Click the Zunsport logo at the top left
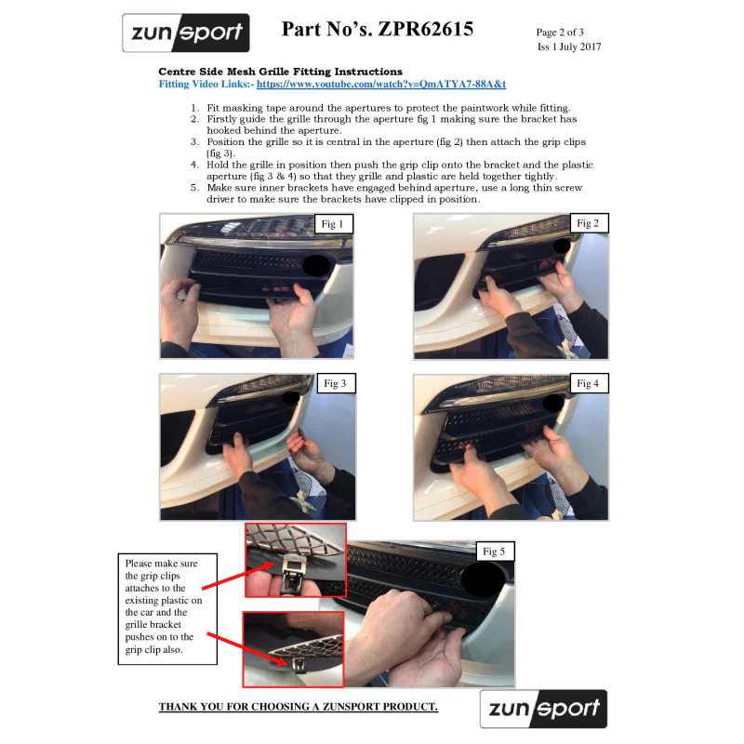[185, 33]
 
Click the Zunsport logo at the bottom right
[543, 709]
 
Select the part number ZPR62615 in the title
[426, 29]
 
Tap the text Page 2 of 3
[560, 33]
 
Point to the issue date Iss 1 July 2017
[569, 46]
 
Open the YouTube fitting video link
[381, 84]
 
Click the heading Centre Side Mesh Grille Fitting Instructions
[281, 72]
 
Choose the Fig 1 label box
[334, 224]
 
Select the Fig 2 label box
[589, 223]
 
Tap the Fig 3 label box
[336, 383]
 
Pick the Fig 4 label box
[589, 383]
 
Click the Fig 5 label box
[495, 551]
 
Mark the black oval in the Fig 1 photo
[316, 265]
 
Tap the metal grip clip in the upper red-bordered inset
[294, 573]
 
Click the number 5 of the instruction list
[194, 188]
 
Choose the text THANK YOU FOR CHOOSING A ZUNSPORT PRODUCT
[298, 707]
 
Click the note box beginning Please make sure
[167, 609]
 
